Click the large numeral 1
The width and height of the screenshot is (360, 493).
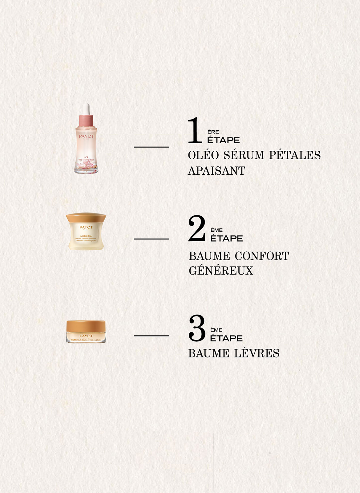pos(195,131)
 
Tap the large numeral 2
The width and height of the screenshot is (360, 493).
pos(197,228)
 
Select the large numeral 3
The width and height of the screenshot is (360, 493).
pos(197,328)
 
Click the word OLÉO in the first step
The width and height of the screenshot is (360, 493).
pos(203,155)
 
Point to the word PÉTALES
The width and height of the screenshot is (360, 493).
pos(295,155)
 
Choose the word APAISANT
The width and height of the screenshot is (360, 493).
pos(216,171)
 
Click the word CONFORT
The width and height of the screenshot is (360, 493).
pos(262,256)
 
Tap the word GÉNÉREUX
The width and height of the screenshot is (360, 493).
pos(221,271)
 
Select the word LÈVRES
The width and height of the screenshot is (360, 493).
pos(257,353)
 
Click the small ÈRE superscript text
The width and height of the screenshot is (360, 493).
pos(213,132)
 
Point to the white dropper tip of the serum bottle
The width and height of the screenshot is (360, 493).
pos(86,108)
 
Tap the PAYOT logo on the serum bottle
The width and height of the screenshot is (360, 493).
pos(86,136)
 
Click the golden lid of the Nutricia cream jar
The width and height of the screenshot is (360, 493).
pos(86,218)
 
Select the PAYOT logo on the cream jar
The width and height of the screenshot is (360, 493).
pos(86,227)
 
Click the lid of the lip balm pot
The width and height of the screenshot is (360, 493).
pos(86,326)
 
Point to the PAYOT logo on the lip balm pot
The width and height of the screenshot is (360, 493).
pos(86,336)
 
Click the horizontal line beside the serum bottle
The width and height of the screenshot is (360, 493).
pos(152,147)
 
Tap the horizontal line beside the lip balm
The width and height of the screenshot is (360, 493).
pos(152,336)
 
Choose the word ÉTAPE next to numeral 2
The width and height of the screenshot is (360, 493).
pos(226,238)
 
